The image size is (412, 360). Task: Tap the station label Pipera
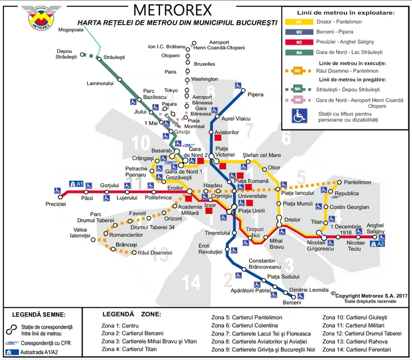[x=256, y=94]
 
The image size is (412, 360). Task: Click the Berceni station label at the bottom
[x=292, y=302]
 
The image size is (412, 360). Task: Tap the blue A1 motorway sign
[x=76, y=184]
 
